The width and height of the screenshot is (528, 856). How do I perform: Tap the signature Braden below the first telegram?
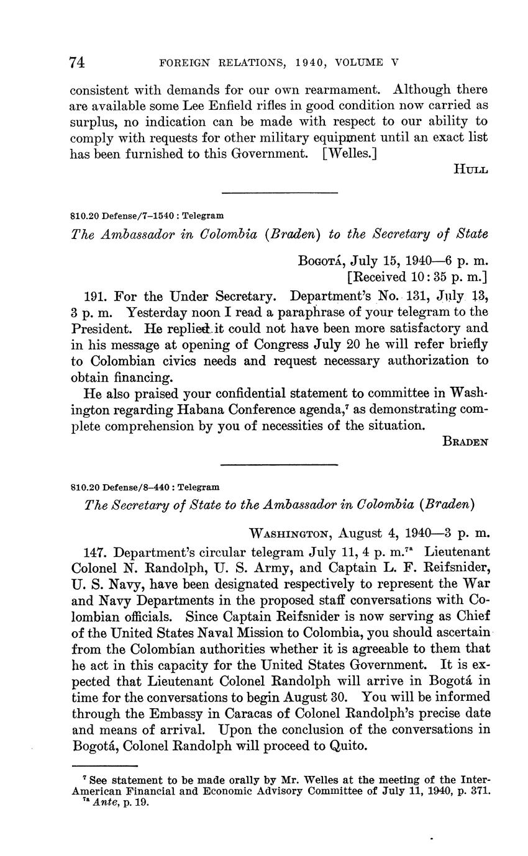click(465, 441)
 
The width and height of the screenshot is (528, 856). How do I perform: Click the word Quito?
click(348, 745)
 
